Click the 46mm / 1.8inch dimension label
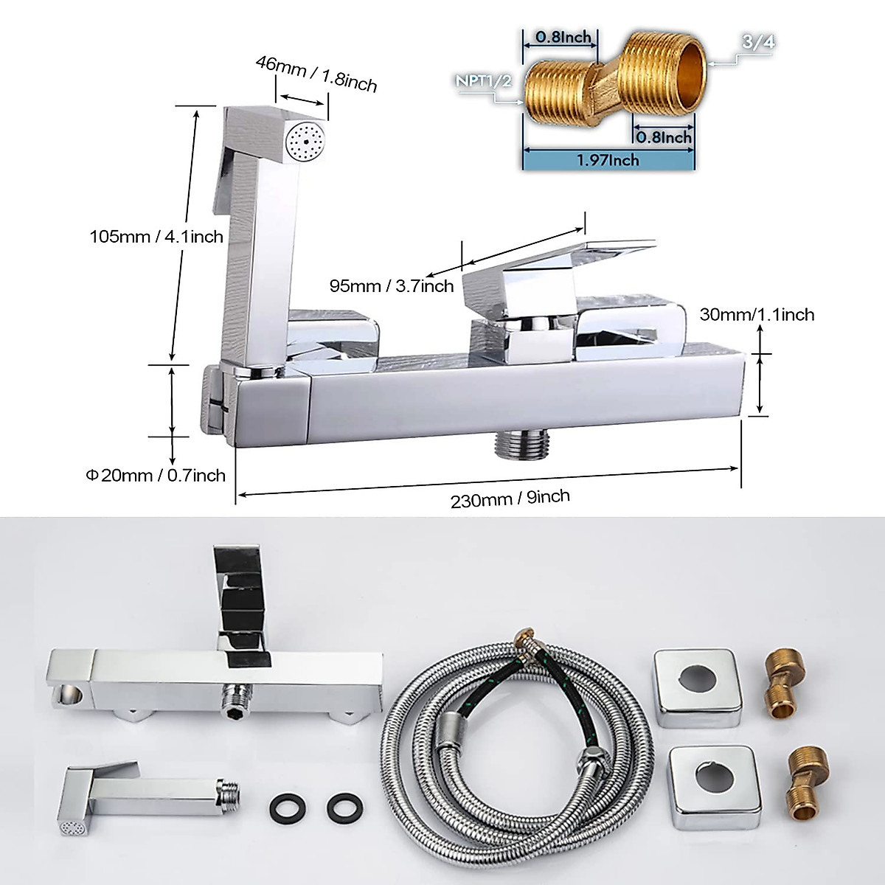[x=316, y=72]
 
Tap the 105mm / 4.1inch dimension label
[x=156, y=237]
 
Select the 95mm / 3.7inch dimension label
[x=391, y=285]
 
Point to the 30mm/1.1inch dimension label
[x=757, y=315]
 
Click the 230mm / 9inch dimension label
[x=510, y=499]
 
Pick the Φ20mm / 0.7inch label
[x=156, y=476]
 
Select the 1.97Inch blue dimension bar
[x=608, y=159]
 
